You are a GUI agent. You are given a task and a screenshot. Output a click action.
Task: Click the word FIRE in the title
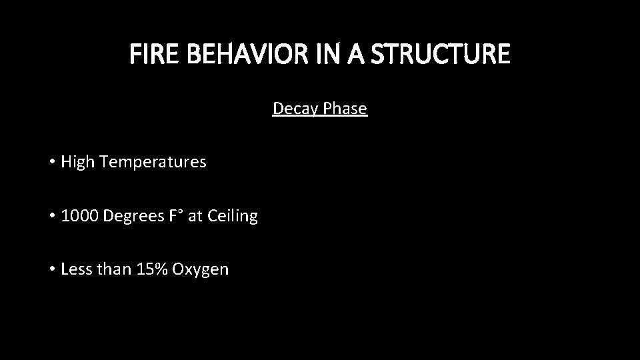pyautogui.click(x=150, y=54)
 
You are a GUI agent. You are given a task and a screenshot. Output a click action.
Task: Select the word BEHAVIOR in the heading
pyautogui.click(x=236, y=54)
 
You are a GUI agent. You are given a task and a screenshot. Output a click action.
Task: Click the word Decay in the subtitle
pyautogui.click(x=296, y=109)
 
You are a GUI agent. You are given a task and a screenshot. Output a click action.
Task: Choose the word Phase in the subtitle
pyautogui.click(x=345, y=109)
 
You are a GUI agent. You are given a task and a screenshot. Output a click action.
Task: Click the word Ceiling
pyautogui.click(x=232, y=216)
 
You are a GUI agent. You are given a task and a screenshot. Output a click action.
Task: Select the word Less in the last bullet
pyautogui.click(x=75, y=269)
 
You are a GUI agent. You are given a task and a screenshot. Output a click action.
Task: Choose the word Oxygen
pyautogui.click(x=200, y=270)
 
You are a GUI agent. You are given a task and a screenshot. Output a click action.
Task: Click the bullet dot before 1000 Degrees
pyautogui.click(x=51, y=217)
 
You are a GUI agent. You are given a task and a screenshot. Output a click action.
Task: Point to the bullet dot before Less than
pyautogui.click(x=51, y=270)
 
